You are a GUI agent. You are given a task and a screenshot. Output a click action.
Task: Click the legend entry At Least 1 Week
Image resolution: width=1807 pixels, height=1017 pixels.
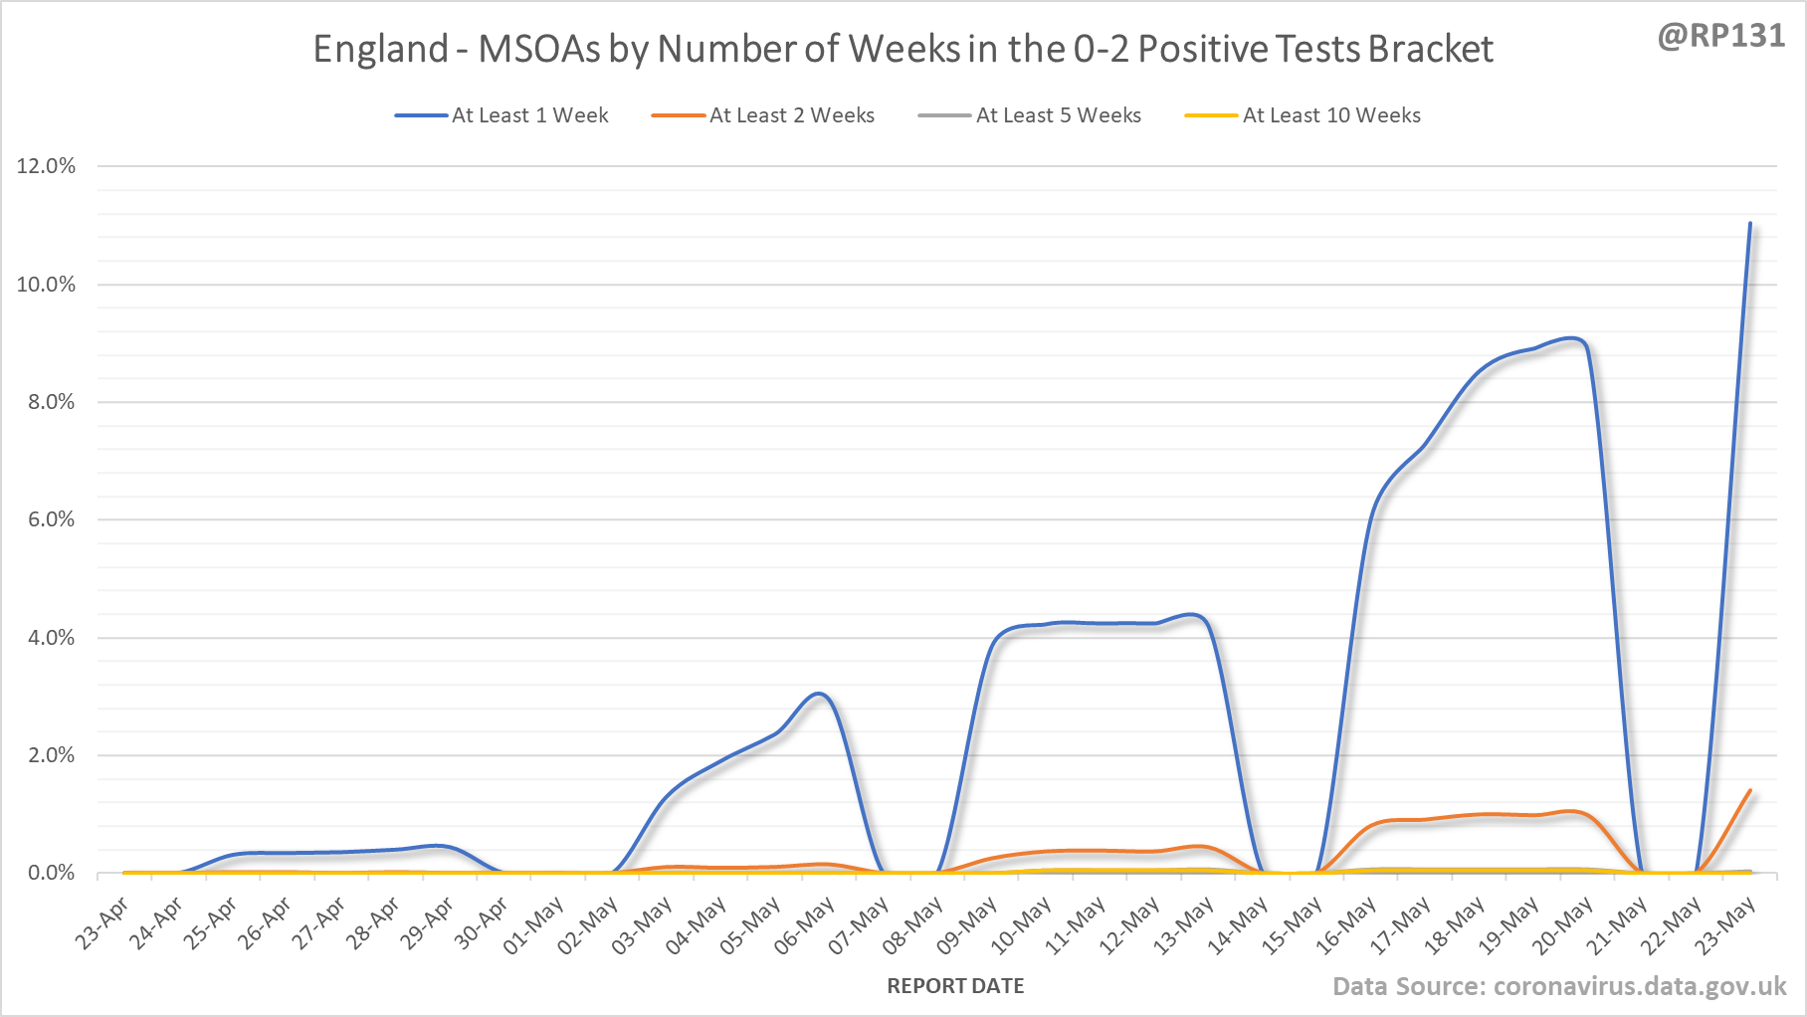coord(529,115)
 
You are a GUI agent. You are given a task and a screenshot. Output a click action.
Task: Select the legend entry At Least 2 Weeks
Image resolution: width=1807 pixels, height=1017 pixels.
coord(791,115)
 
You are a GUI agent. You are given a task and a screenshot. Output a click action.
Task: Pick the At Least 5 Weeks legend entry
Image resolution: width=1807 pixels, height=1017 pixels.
coord(1058,115)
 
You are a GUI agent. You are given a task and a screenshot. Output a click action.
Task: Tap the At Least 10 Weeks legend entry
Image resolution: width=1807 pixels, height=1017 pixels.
coord(1331,115)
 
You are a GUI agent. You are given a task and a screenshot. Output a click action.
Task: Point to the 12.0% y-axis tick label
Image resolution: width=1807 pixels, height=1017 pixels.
coord(46,166)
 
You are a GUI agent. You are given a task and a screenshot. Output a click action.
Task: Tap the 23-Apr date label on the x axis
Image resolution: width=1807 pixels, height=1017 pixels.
coord(102,923)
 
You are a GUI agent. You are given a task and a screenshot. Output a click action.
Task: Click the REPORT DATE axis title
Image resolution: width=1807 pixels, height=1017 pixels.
coord(955,986)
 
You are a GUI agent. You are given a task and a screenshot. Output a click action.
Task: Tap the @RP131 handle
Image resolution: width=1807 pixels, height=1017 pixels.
coord(1721,36)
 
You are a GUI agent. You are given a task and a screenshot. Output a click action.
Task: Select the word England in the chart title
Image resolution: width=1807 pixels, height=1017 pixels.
coord(381,49)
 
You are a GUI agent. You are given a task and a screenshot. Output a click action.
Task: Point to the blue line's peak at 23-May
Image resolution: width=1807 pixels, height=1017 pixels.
coord(1749,224)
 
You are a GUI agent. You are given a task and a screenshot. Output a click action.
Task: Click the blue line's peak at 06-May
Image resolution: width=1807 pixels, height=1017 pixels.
coord(819,694)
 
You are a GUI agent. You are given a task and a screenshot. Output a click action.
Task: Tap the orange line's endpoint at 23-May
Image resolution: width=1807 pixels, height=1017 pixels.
coord(1749,791)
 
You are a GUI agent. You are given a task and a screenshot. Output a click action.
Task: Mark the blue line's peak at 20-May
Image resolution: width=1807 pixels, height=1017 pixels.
coord(1572,338)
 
